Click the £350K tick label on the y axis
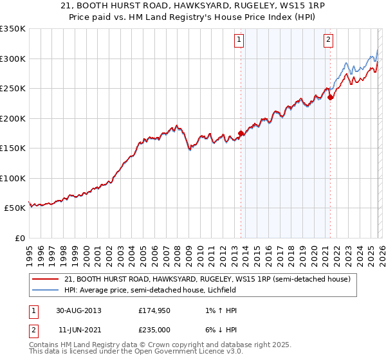[x=12, y=29]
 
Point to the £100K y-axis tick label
[x=12, y=178]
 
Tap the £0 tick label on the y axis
[x=19, y=238]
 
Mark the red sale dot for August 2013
[x=241, y=134]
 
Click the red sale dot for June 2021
[x=330, y=98]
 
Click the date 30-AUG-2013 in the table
[x=78, y=310]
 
